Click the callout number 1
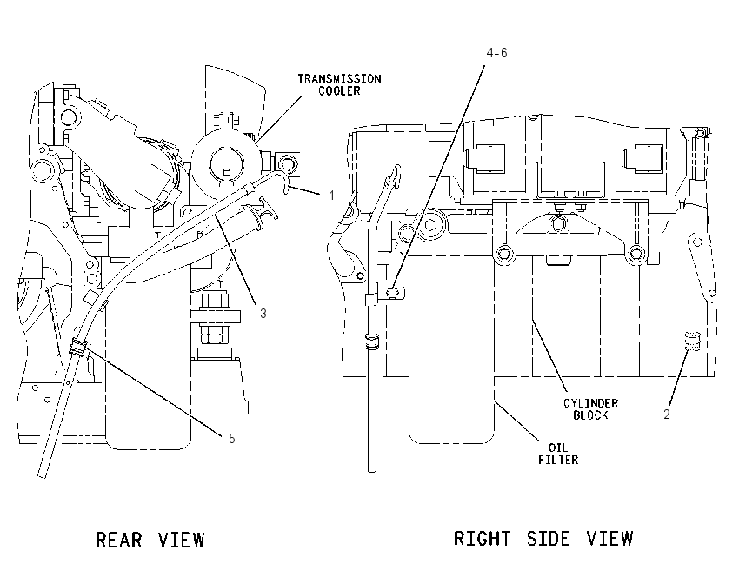click(332, 195)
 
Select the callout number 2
click(667, 415)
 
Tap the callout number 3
click(263, 313)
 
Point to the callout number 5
click(231, 439)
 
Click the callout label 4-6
click(496, 53)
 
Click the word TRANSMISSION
click(339, 79)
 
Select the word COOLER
click(339, 91)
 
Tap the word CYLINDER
click(590, 403)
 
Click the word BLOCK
click(590, 415)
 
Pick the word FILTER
click(558, 460)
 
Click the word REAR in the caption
click(119, 540)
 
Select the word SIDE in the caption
click(549, 539)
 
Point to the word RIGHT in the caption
click(482, 539)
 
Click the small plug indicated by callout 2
click(692, 341)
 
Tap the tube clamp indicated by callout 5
click(78, 347)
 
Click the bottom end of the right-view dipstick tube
click(372, 469)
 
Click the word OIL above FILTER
click(558, 448)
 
